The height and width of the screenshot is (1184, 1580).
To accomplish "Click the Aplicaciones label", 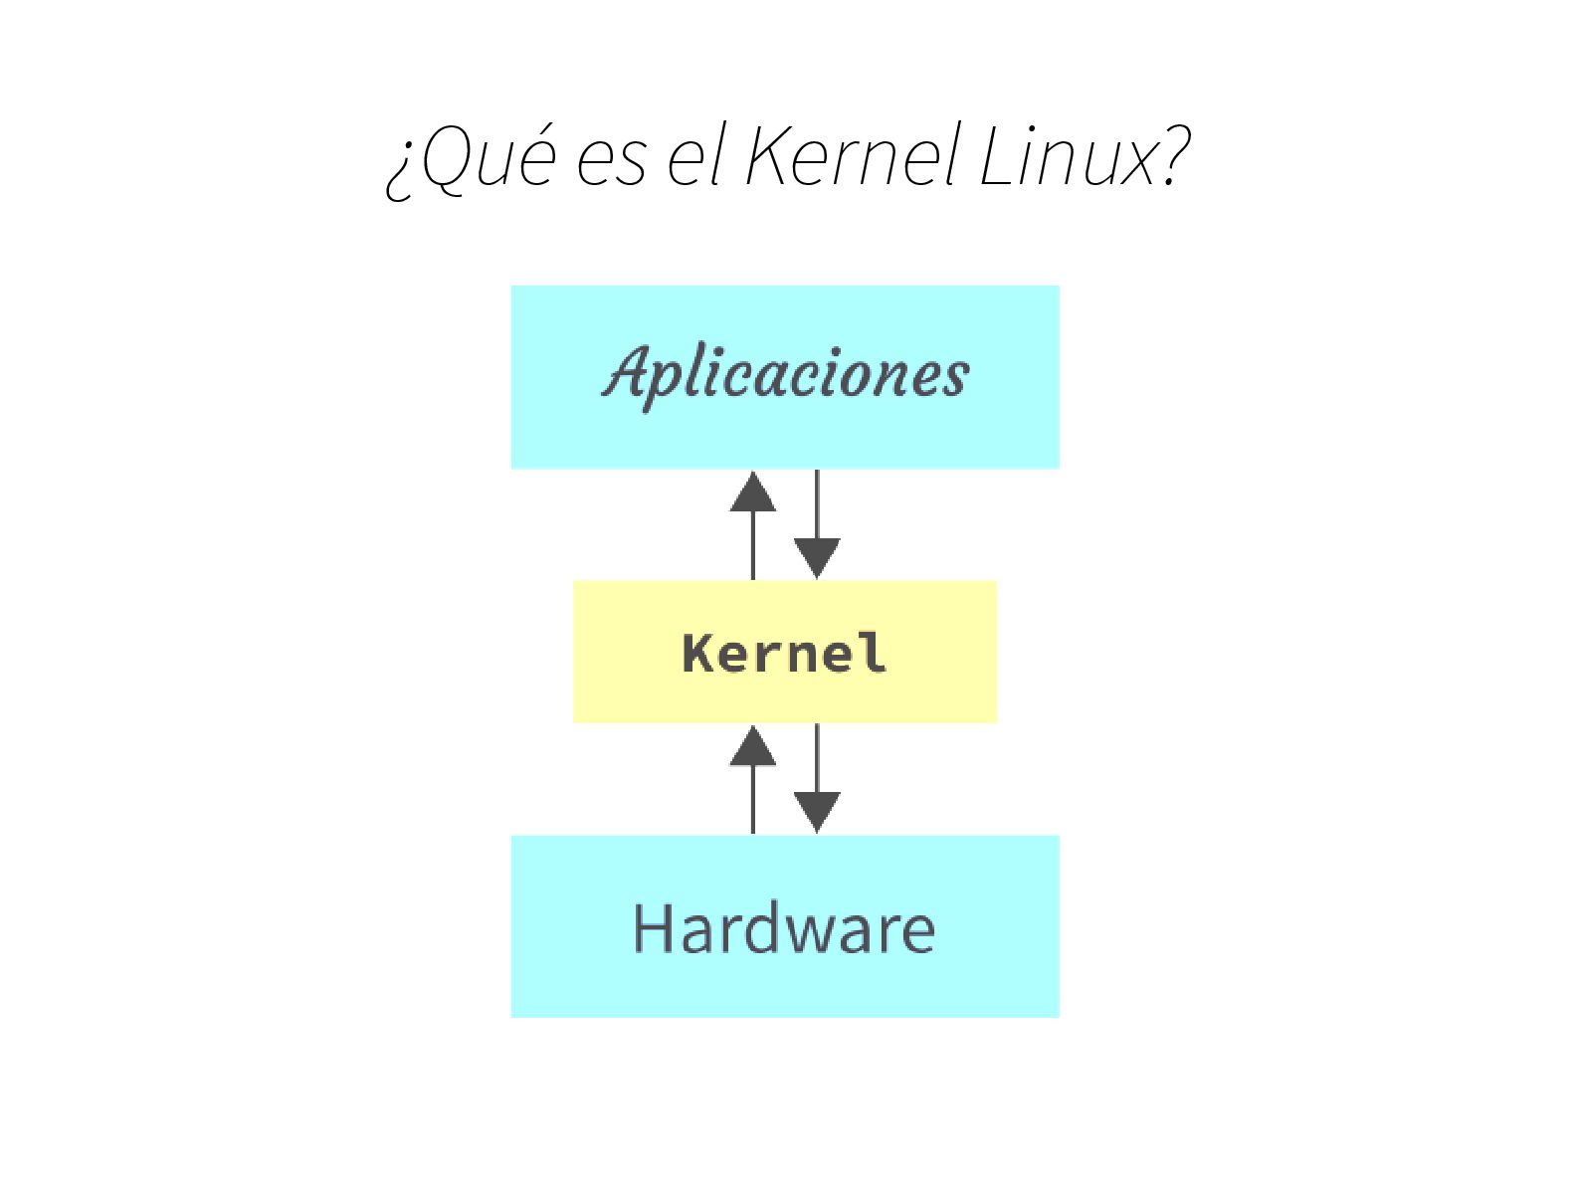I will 785,374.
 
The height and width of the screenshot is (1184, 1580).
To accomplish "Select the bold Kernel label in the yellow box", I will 784,653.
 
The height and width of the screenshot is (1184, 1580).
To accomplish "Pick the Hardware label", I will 784,928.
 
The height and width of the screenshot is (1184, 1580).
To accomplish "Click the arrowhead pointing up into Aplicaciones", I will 753,492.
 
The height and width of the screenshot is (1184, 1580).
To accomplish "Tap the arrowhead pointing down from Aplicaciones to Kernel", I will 817,558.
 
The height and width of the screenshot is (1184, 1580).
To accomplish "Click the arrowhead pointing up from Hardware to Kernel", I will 753,745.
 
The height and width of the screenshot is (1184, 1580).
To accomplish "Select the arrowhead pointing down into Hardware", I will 817,812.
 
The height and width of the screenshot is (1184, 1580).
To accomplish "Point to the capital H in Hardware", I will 653,928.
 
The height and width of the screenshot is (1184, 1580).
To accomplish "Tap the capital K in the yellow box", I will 700,653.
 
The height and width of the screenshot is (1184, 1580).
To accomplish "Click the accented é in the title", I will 535,159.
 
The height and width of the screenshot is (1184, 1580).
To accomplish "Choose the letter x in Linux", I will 1135,164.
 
